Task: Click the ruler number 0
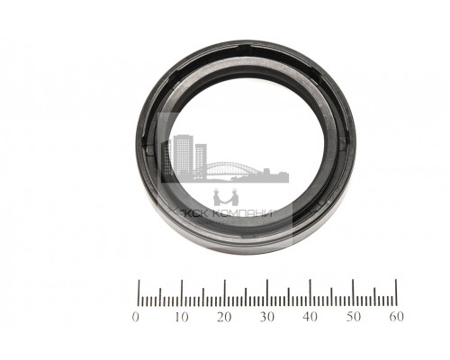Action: (136, 317)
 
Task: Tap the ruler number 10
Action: (182, 317)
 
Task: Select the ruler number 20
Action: (224, 317)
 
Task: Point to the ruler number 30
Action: (267, 317)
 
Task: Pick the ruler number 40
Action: (310, 317)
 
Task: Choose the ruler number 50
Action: (354, 317)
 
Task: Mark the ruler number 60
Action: (396, 317)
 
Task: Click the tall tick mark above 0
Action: (139, 292)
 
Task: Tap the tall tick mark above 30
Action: (267, 292)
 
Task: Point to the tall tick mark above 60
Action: (396, 292)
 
